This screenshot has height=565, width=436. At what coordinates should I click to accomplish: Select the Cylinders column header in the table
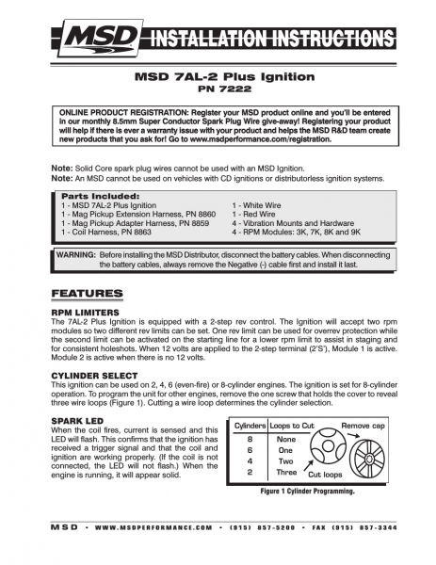click(x=250, y=427)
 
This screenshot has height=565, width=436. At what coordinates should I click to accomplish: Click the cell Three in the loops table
click(x=286, y=471)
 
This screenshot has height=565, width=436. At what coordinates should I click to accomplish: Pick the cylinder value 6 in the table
click(x=249, y=449)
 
